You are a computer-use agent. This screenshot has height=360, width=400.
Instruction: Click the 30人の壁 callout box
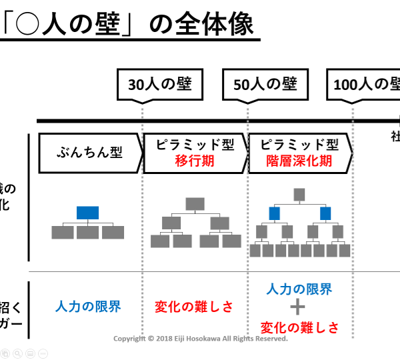[160, 85]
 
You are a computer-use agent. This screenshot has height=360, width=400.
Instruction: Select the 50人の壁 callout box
[265, 85]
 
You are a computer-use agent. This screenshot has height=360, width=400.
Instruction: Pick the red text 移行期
[195, 161]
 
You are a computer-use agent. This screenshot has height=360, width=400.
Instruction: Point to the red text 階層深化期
[299, 161]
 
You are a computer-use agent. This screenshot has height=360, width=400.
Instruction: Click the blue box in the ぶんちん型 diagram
[87, 213]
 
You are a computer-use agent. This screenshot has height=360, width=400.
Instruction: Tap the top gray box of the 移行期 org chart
[195, 204]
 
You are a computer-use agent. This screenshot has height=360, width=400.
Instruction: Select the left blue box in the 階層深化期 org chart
[273, 213]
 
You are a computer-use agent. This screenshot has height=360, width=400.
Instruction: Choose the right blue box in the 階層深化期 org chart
[325, 213]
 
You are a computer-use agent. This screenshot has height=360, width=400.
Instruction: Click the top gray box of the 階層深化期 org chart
[299, 195]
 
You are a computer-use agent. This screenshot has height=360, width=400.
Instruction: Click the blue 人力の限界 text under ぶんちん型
[88, 307]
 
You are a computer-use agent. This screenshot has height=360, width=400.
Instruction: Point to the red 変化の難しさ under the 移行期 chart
[194, 307]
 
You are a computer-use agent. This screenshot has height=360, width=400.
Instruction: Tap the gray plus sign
[299, 307]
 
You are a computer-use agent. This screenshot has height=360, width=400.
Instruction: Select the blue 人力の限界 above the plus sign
[299, 289]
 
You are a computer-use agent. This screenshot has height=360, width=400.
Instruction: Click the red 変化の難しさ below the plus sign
[299, 327]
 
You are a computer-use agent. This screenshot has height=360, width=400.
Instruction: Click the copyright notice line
[200, 339]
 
